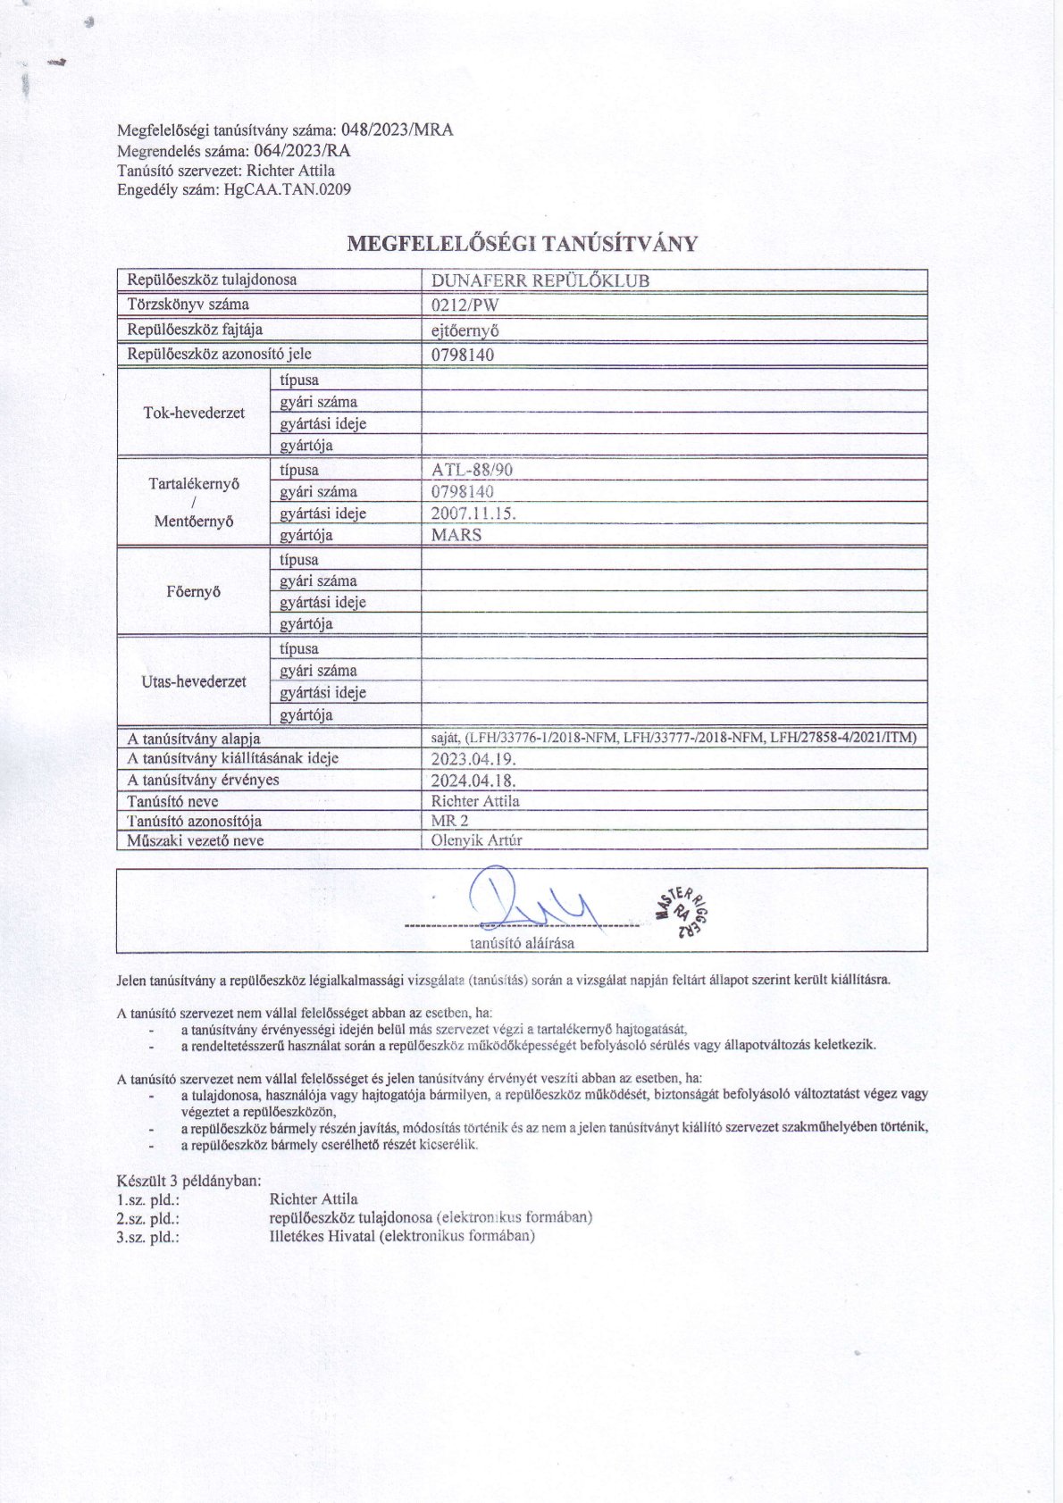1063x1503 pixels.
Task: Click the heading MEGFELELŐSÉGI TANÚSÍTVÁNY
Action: (522, 244)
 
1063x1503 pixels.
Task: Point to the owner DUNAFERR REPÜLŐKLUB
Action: (540, 280)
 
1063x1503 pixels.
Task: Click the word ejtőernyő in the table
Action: (465, 330)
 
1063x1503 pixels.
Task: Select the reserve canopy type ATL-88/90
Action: (472, 471)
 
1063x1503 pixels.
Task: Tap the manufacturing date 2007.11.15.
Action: (473, 514)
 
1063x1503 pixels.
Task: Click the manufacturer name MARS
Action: (456, 535)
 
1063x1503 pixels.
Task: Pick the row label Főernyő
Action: (194, 591)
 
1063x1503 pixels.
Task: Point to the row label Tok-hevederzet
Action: (194, 413)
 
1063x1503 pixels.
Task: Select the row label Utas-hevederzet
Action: (194, 681)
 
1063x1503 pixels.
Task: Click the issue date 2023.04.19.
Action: (473, 759)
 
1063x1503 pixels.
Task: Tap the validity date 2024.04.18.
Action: (473, 781)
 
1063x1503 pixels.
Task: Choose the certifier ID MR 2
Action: (449, 820)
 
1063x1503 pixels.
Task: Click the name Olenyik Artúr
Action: (476, 840)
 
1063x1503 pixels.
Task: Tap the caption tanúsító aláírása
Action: (523, 942)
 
